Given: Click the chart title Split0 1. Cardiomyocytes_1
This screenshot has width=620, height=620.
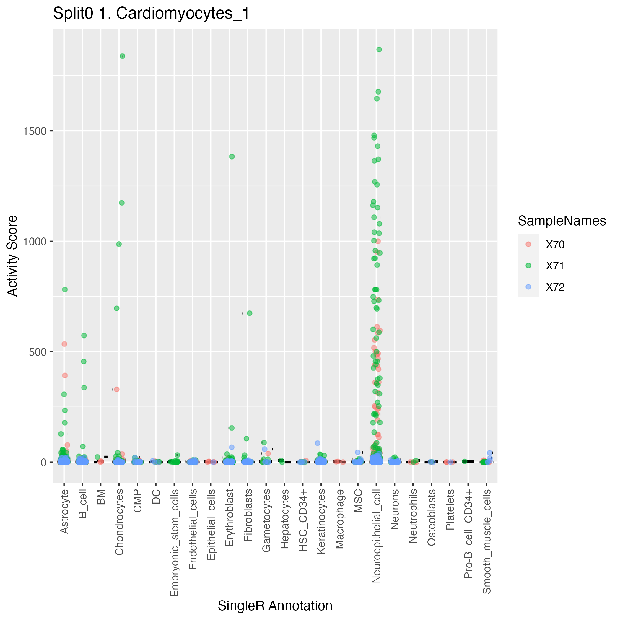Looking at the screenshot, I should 151,14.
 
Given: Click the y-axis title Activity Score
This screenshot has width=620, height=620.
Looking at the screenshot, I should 12,256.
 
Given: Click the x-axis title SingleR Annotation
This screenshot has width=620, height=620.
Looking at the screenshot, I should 275,606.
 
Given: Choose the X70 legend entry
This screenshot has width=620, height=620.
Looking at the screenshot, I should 555,245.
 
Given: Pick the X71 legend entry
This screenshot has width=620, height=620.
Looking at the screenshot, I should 555,266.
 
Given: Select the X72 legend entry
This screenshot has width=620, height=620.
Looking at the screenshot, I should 555,287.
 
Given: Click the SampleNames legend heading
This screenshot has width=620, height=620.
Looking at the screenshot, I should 562,221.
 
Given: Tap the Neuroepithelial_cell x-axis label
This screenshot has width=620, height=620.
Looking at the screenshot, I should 376,536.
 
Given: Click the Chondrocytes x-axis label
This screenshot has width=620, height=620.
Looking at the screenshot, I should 119,522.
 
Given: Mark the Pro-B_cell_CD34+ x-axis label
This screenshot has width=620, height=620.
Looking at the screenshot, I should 468,534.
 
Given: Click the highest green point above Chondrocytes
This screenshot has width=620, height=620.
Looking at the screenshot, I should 122,56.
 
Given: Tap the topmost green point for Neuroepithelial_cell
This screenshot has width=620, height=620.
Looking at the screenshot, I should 379,49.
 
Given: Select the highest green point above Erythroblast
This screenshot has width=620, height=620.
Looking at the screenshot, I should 232,157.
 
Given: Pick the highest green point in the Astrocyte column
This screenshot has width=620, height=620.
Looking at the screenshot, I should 65,289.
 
